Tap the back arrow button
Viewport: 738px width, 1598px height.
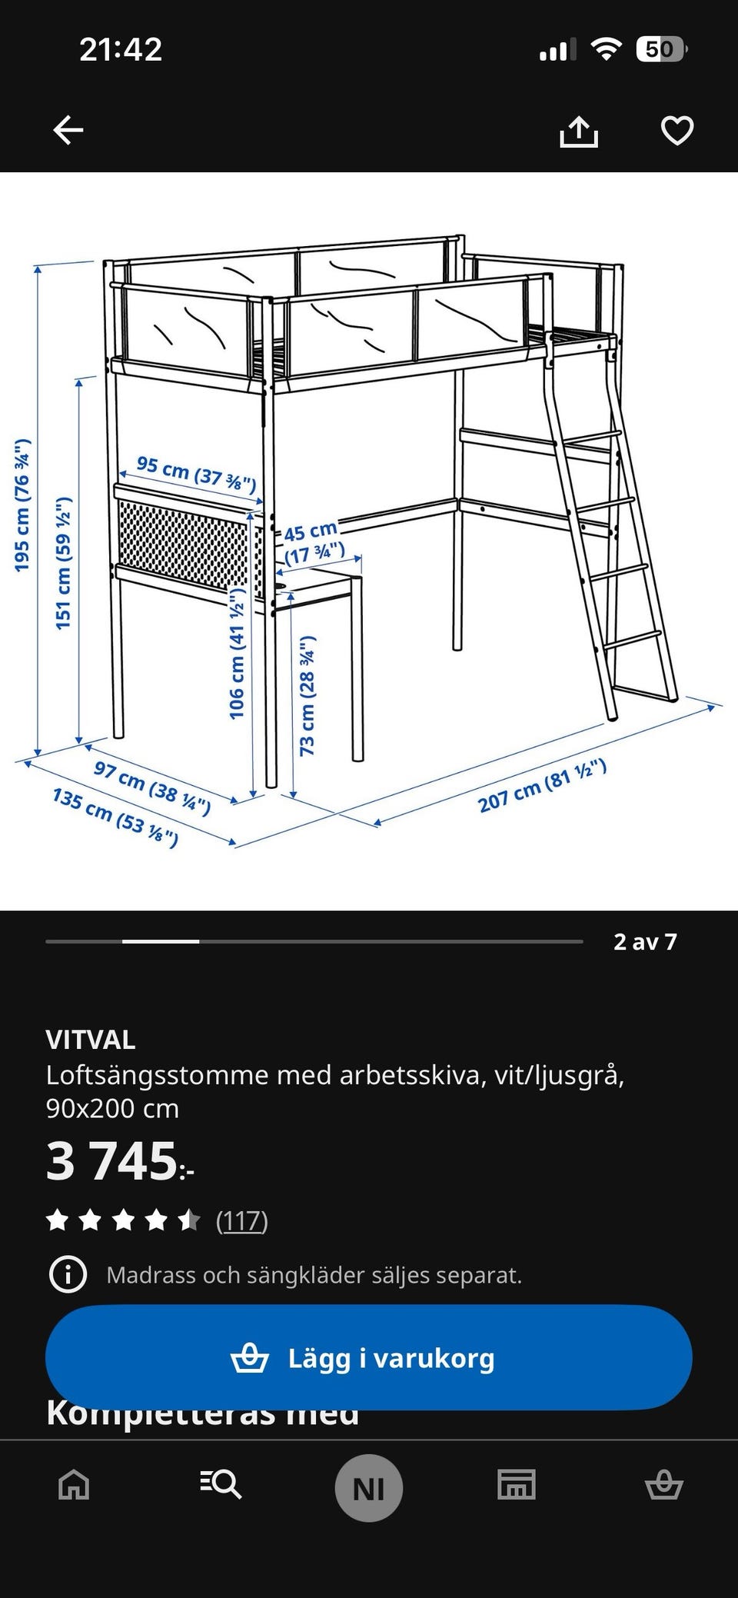pyautogui.click(x=68, y=130)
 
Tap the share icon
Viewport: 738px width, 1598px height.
pyautogui.click(x=578, y=132)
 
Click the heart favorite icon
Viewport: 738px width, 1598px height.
pyautogui.click(x=676, y=131)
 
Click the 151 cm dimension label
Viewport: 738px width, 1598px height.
pyautogui.click(x=64, y=563)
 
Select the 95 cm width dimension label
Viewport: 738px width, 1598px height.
pyautogui.click(x=195, y=473)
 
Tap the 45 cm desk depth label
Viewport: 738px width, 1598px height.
pyautogui.click(x=312, y=541)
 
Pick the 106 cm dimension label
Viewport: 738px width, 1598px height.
pyautogui.click(x=237, y=654)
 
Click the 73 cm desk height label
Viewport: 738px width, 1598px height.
pyautogui.click(x=307, y=695)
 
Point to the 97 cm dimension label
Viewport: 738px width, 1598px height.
pyautogui.click(x=151, y=787)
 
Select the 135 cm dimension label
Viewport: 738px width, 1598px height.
pyautogui.click(x=115, y=817)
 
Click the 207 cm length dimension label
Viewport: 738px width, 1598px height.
pyautogui.click(x=542, y=785)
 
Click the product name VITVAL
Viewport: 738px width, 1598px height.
pyautogui.click(x=91, y=1040)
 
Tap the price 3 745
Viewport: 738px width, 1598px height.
pyautogui.click(x=119, y=1161)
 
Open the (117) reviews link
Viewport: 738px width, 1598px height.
pyautogui.click(x=241, y=1220)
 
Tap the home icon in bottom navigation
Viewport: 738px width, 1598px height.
pyautogui.click(x=74, y=1484)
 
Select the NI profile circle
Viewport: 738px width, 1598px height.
pyautogui.click(x=369, y=1488)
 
